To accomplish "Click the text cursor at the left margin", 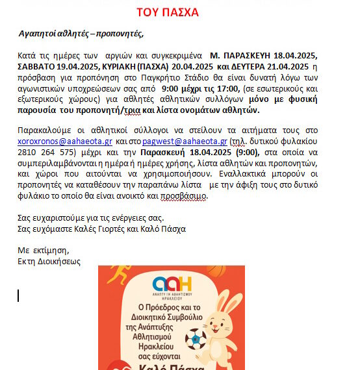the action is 19,295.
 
